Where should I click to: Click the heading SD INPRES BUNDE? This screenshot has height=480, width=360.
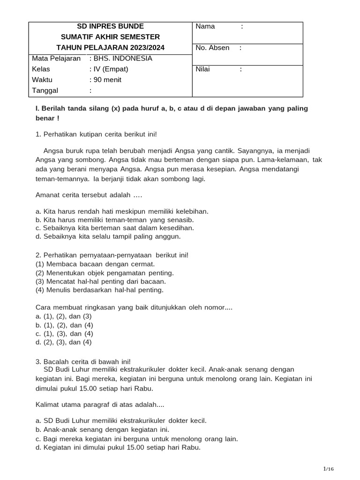pyautogui.click(x=110, y=26)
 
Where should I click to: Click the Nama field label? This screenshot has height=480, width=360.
pyautogui.click(x=205, y=26)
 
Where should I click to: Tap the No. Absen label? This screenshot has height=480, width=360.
pyautogui.click(x=212, y=48)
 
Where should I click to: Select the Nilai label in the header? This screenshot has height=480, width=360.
pyautogui.click(x=203, y=69)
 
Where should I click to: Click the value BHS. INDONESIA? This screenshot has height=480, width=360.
pyautogui.click(x=120, y=59)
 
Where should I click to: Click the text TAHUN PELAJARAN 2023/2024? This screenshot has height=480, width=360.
pyautogui.click(x=110, y=48)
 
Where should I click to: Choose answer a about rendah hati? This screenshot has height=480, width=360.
pyautogui.click(x=122, y=211)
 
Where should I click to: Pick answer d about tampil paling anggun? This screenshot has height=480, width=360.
pyautogui.click(x=108, y=237)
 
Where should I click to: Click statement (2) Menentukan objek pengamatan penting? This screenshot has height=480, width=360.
pyautogui.click(x=105, y=272)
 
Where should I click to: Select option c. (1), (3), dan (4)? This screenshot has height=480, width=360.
pyautogui.click(x=64, y=334)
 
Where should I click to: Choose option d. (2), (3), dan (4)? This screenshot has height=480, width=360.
pyautogui.click(x=64, y=342)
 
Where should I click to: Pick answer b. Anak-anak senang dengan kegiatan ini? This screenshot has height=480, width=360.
pyautogui.click(x=103, y=429)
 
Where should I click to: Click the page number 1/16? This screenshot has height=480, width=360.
pyautogui.click(x=328, y=469)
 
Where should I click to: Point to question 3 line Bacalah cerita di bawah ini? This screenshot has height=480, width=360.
pyautogui.click(x=83, y=361)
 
